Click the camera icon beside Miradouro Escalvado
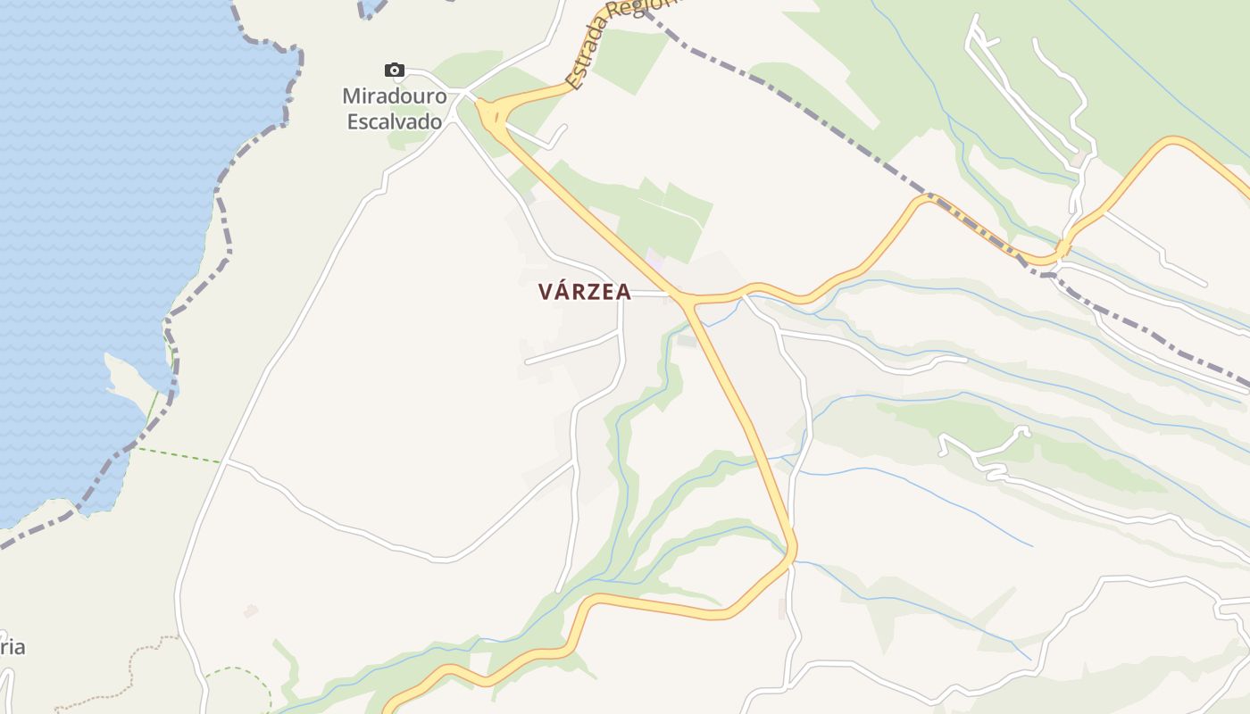click(394, 70)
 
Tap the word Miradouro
click(395, 95)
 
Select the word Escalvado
click(395, 120)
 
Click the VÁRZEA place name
click(585, 292)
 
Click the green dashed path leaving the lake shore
click(179, 454)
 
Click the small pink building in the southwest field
click(251, 611)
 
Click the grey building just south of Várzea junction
click(687, 339)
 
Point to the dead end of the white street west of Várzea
click(527, 362)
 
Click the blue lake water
click(107, 178)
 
